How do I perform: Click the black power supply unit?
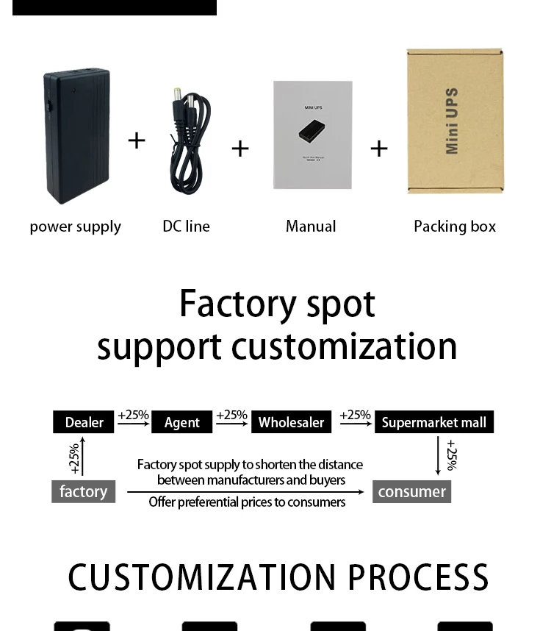tap(76, 135)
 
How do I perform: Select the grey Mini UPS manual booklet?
tap(312, 135)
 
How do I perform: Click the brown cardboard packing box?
tap(455, 121)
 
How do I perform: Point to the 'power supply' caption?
tap(75, 227)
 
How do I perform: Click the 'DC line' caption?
tap(186, 227)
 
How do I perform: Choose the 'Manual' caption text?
tap(311, 227)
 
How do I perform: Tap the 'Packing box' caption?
tap(455, 227)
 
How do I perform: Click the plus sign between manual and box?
tap(378, 149)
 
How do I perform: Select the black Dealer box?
tap(84, 422)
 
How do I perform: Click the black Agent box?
tap(181, 422)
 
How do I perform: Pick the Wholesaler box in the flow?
tap(291, 422)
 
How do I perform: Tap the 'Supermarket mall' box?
tap(433, 422)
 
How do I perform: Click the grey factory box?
tap(83, 491)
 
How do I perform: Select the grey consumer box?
tap(411, 491)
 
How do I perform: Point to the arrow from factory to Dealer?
tap(83, 456)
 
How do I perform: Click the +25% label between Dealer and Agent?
tap(133, 415)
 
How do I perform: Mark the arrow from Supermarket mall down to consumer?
tap(439, 456)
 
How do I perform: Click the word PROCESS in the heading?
tap(418, 578)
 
